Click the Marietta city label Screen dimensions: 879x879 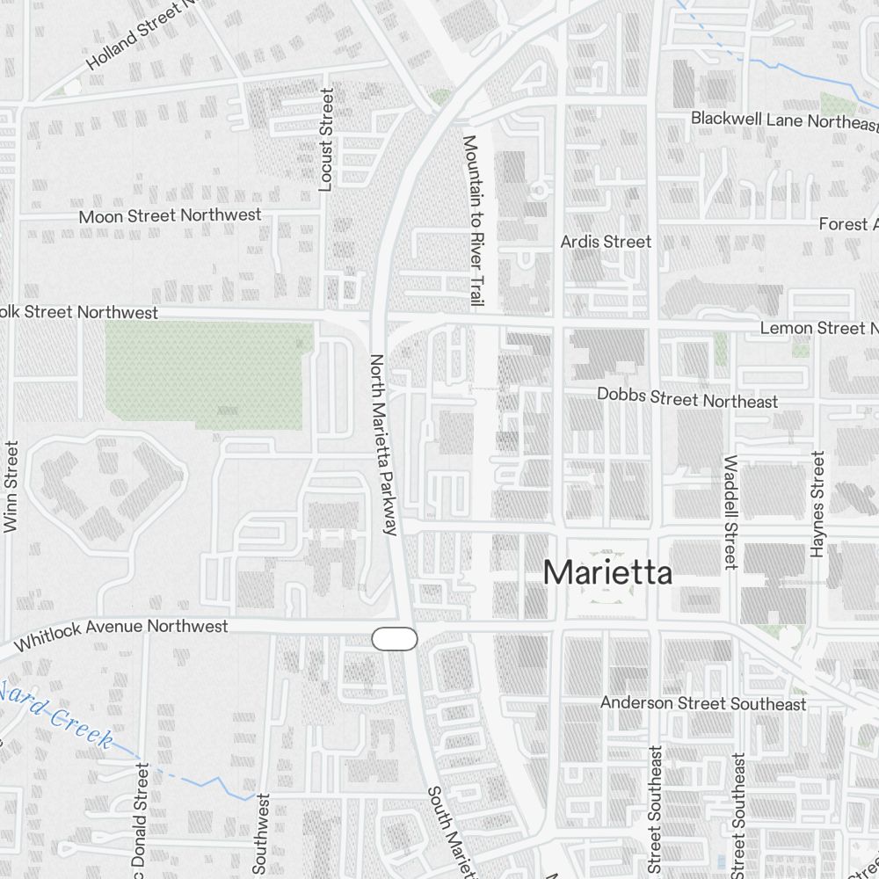click(608, 573)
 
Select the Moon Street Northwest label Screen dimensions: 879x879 click(170, 215)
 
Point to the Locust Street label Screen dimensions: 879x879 click(327, 140)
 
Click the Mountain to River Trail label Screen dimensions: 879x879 click(473, 220)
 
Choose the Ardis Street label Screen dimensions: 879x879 click(607, 242)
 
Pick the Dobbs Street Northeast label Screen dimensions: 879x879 click(687, 398)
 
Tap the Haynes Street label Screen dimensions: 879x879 click(818, 505)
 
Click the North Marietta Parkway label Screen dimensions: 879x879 click(384, 444)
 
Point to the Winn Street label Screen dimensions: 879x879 click(11, 486)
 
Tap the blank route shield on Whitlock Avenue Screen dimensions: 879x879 click(395, 639)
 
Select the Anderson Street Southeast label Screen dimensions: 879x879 click(703, 703)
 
